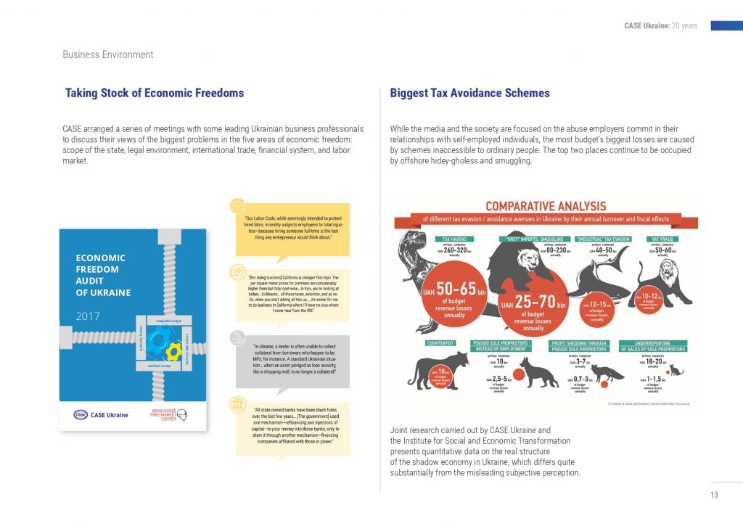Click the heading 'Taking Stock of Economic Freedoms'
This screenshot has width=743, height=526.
[155, 93]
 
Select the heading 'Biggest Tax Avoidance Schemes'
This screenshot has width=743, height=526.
[469, 93]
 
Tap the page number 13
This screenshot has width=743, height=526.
[714, 495]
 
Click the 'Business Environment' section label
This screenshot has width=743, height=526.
[108, 54]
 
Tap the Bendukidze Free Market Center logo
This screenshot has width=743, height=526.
[170, 414]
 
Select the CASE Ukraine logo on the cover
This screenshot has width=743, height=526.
[101, 415]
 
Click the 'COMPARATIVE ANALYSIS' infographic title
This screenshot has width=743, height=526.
[546, 206]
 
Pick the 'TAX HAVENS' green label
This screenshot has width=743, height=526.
[455, 239]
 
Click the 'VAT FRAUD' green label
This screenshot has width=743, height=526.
[661, 239]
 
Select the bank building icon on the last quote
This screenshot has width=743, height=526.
[237, 404]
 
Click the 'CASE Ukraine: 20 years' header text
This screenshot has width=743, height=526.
[660, 26]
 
